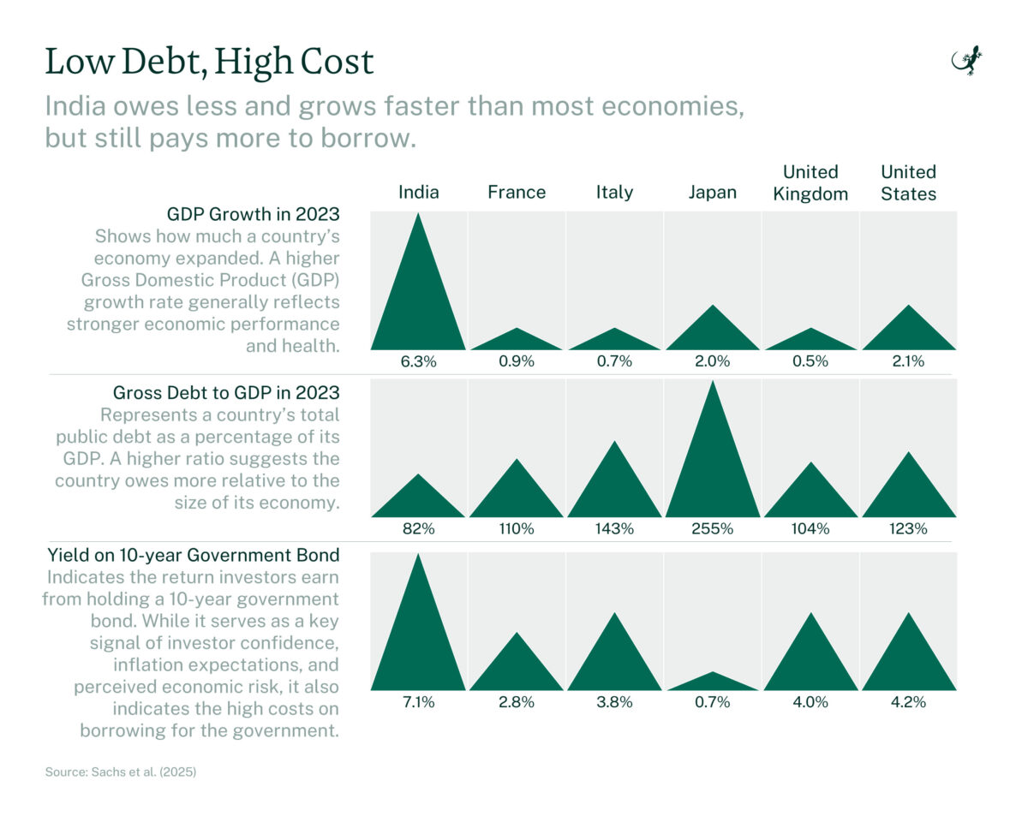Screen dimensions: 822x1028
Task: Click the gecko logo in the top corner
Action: pos(967,63)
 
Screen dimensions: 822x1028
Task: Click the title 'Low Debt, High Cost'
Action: pos(209,63)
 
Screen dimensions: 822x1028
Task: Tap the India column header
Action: pos(418,192)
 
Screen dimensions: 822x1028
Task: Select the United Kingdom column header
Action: pos(810,183)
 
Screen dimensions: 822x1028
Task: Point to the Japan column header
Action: pos(712,192)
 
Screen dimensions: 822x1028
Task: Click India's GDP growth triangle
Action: pos(418,300)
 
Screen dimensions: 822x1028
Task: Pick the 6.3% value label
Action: pos(418,361)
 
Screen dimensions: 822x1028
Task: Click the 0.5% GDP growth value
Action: pos(810,361)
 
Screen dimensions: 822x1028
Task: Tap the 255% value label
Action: pos(712,529)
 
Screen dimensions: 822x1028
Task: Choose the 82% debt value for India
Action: pos(418,529)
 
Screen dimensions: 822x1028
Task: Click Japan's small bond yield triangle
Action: pos(712,683)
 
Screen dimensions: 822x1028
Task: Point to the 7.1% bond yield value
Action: pos(418,702)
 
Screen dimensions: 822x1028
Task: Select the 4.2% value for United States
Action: pos(908,702)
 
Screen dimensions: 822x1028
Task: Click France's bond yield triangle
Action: pos(516,668)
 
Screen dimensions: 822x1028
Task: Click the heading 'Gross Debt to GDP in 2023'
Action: pos(226,393)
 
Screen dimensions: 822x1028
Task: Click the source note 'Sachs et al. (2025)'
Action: pos(121,771)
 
